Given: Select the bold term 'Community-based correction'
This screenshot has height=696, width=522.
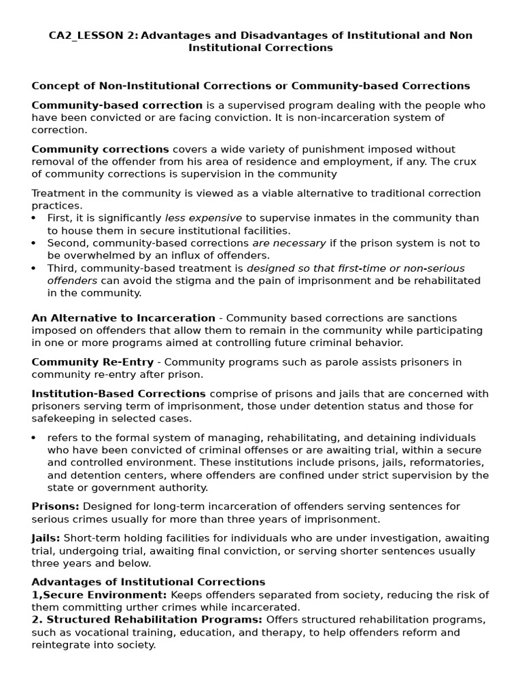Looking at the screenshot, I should [117, 105].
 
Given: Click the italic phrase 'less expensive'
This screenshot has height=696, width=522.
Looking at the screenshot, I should [203, 218].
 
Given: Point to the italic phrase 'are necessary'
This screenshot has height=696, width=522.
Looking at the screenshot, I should [289, 243].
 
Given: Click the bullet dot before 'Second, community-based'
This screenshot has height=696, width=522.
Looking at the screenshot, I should [35, 243].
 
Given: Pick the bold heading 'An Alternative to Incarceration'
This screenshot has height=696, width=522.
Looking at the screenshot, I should [123, 318].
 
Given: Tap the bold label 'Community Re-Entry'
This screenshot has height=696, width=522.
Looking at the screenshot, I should [94, 362].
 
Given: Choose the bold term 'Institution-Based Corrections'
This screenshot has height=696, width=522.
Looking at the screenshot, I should [118, 394].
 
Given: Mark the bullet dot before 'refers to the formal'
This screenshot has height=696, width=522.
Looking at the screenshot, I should [35, 438].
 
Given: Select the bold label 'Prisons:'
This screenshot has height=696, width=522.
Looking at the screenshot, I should [55, 506].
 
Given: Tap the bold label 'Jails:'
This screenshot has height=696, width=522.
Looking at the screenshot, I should [46, 538].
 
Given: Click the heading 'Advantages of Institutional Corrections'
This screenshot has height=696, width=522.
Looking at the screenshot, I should [148, 582].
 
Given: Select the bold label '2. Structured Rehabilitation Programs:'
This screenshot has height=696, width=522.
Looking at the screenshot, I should [147, 620].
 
